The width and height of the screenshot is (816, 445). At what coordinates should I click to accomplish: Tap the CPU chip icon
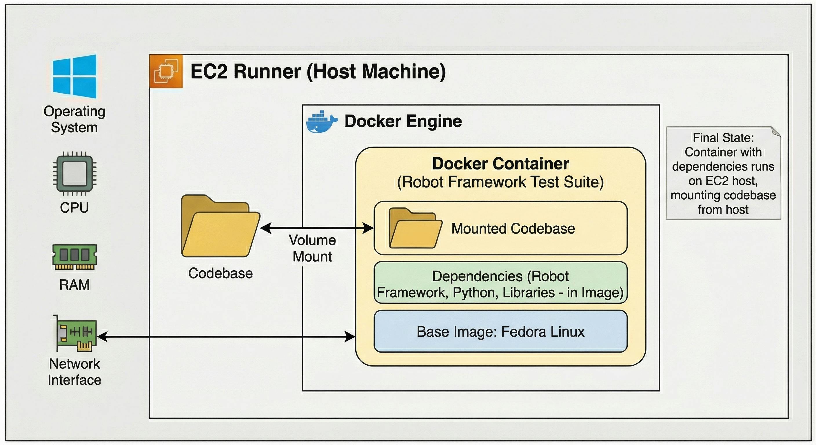(x=74, y=173)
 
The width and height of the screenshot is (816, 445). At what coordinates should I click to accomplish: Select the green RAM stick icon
(x=74, y=257)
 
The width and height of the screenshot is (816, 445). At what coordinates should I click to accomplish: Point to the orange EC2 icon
(x=166, y=71)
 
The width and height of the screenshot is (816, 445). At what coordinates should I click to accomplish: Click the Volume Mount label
(x=312, y=248)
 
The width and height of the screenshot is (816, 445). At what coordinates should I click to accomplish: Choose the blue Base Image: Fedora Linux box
(x=500, y=331)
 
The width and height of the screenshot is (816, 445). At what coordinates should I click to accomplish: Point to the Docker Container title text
(x=500, y=163)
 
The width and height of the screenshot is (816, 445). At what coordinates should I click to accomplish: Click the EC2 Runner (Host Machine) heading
(x=318, y=71)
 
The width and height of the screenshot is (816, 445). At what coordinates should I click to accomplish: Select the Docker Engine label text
(x=403, y=121)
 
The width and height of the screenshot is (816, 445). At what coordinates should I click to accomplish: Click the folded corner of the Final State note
(x=776, y=132)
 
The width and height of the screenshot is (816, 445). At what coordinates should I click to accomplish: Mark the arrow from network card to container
(x=227, y=336)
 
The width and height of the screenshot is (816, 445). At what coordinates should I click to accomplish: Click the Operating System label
(x=74, y=119)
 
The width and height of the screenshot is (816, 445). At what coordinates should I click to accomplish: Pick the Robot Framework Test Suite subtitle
(x=500, y=182)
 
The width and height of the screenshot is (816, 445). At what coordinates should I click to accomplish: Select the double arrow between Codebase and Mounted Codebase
(x=317, y=228)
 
